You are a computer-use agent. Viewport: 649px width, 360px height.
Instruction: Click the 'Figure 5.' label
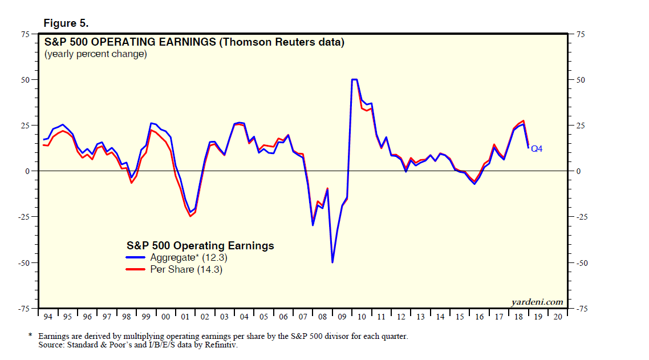coord(66,23)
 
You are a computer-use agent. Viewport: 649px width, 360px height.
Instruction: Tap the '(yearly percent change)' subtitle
coord(96,54)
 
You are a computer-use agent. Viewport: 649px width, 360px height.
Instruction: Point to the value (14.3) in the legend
coord(210,270)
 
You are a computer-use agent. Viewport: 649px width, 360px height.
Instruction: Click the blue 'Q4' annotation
coord(537,149)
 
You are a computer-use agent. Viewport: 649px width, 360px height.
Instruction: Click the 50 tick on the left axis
coord(25,80)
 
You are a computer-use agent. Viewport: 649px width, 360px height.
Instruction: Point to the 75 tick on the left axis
coord(25,34)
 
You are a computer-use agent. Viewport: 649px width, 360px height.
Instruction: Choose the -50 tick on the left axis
coord(24,263)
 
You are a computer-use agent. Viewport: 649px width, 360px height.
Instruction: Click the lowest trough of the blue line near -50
coord(332,262)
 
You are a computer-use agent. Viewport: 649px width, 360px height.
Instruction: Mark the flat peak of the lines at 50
coord(354,79)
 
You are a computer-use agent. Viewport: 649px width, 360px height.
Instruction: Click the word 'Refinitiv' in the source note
coord(220,345)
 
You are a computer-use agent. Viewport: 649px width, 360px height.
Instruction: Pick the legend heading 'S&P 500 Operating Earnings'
coord(200,246)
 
